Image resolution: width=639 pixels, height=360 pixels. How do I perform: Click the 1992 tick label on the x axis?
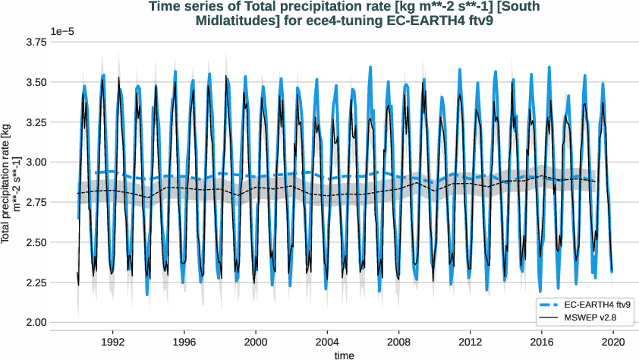pyautogui.click(x=113, y=343)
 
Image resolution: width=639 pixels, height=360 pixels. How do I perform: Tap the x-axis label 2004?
pyautogui.click(x=327, y=343)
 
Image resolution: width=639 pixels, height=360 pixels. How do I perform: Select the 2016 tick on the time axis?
pyautogui.click(x=541, y=343)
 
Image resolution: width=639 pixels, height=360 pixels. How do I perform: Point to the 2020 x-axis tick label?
pyautogui.click(x=612, y=343)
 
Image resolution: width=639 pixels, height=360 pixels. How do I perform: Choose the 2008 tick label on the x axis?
pyautogui.click(x=398, y=343)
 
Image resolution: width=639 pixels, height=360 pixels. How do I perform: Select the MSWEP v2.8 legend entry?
pyautogui.click(x=591, y=316)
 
